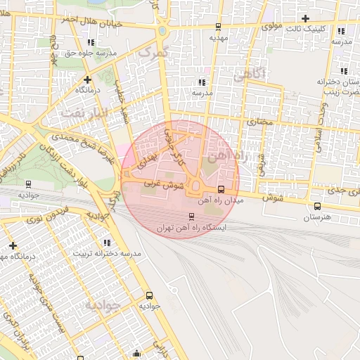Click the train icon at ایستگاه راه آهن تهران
coord(192,217)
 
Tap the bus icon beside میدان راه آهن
coord(221,189)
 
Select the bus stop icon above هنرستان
coord(318,207)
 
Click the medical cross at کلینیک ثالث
coord(305,18)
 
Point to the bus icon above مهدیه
coord(218,27)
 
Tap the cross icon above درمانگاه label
coord(86,79)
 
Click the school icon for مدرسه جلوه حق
coord(91,42)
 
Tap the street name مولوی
coord(271,27)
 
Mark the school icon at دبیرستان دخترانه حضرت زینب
coord(344,70)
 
